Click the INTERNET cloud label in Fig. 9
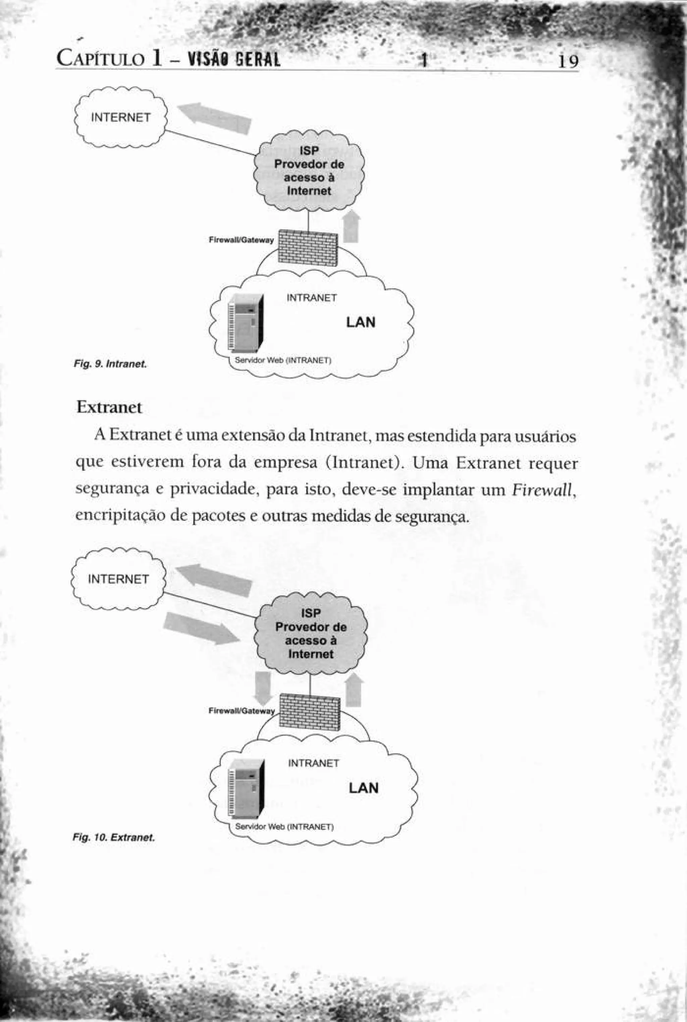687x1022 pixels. pyautogui.click(x=120, y=117)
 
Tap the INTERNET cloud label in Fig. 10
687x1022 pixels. pyautogui.click(x=118, y=579)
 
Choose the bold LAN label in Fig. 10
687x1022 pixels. pyautogui.click(x=364, y=788)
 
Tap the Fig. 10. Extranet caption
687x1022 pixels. pyautogui.click(x=114, y=838)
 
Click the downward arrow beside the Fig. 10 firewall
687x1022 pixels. pyautogui.click(x=263, y=687)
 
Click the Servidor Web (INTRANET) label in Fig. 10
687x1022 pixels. pyautogui.click(x=284, y=827)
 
